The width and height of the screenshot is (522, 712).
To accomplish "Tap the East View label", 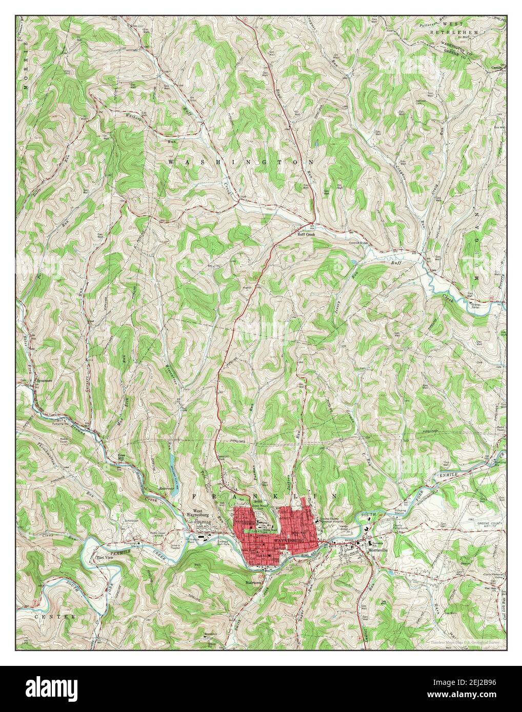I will (105, 557).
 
